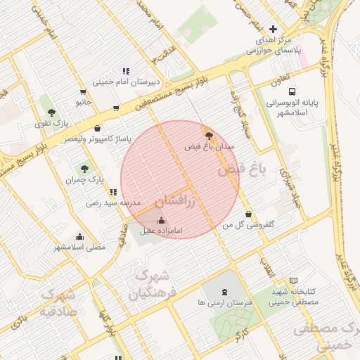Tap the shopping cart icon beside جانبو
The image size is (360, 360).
click(x=84, y=92)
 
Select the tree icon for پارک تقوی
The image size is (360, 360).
click(x=51, y=112)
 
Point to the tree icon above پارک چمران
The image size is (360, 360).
click(x=85, y=169)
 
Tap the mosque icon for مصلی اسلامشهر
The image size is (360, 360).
click(x=79, y=236)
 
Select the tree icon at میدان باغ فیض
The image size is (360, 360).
click(x=208, y=135)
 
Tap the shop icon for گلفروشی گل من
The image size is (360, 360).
click(x=248, y=214)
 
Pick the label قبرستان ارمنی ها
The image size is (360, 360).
click(x=224, y=302)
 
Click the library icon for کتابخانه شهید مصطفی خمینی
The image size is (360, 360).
click(x=293, y=281)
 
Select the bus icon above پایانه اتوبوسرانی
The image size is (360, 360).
click(x=292, y=91)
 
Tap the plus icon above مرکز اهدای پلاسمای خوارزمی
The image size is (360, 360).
click(x=273, y=29)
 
